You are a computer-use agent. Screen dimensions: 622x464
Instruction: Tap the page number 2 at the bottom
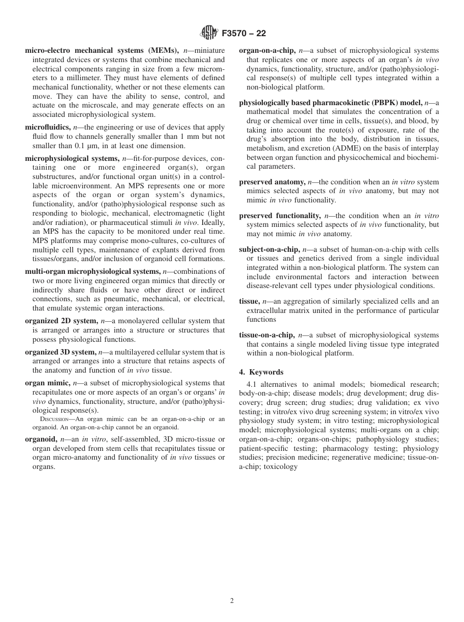(232, 601)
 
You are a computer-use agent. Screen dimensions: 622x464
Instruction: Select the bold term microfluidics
(47, 127)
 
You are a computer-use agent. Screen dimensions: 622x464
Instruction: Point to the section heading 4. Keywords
(261, 372)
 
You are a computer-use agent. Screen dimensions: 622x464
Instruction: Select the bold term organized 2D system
(61, 321)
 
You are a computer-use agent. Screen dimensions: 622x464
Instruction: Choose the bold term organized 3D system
(61, 352)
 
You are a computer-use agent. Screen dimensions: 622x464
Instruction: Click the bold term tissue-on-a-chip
(267, 335)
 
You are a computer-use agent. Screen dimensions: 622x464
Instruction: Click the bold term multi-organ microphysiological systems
(92, 271)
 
